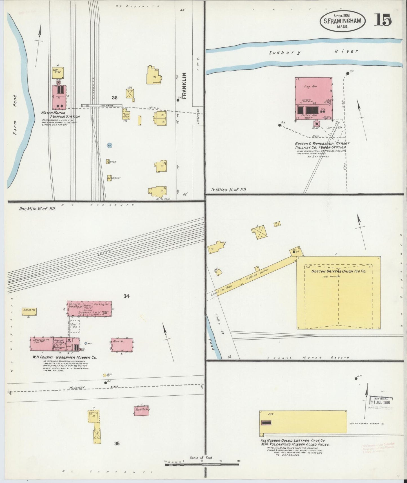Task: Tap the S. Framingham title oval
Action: pyautogui.click(x=342, y=21)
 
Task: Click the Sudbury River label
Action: pyautogui.click(x=313, y=52)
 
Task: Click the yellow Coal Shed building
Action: pyautogui.click(x=58, y=72)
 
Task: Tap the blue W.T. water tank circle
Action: pyautogui.click(x=110, y=146)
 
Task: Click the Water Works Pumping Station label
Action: pyautogui.click(x=60, y=114)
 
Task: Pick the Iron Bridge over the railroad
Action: pyautogui.click(x=101, y=106)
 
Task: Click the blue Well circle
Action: pyautogui.click(x=86, y=344)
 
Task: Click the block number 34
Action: pyautogui.click(x=126, y=296)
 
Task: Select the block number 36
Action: pyautogui.click(x=114, y=98)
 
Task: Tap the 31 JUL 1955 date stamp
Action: pyautogui.click(x=381, y=402)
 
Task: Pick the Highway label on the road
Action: pyautogui.click(x=77, y=388)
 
